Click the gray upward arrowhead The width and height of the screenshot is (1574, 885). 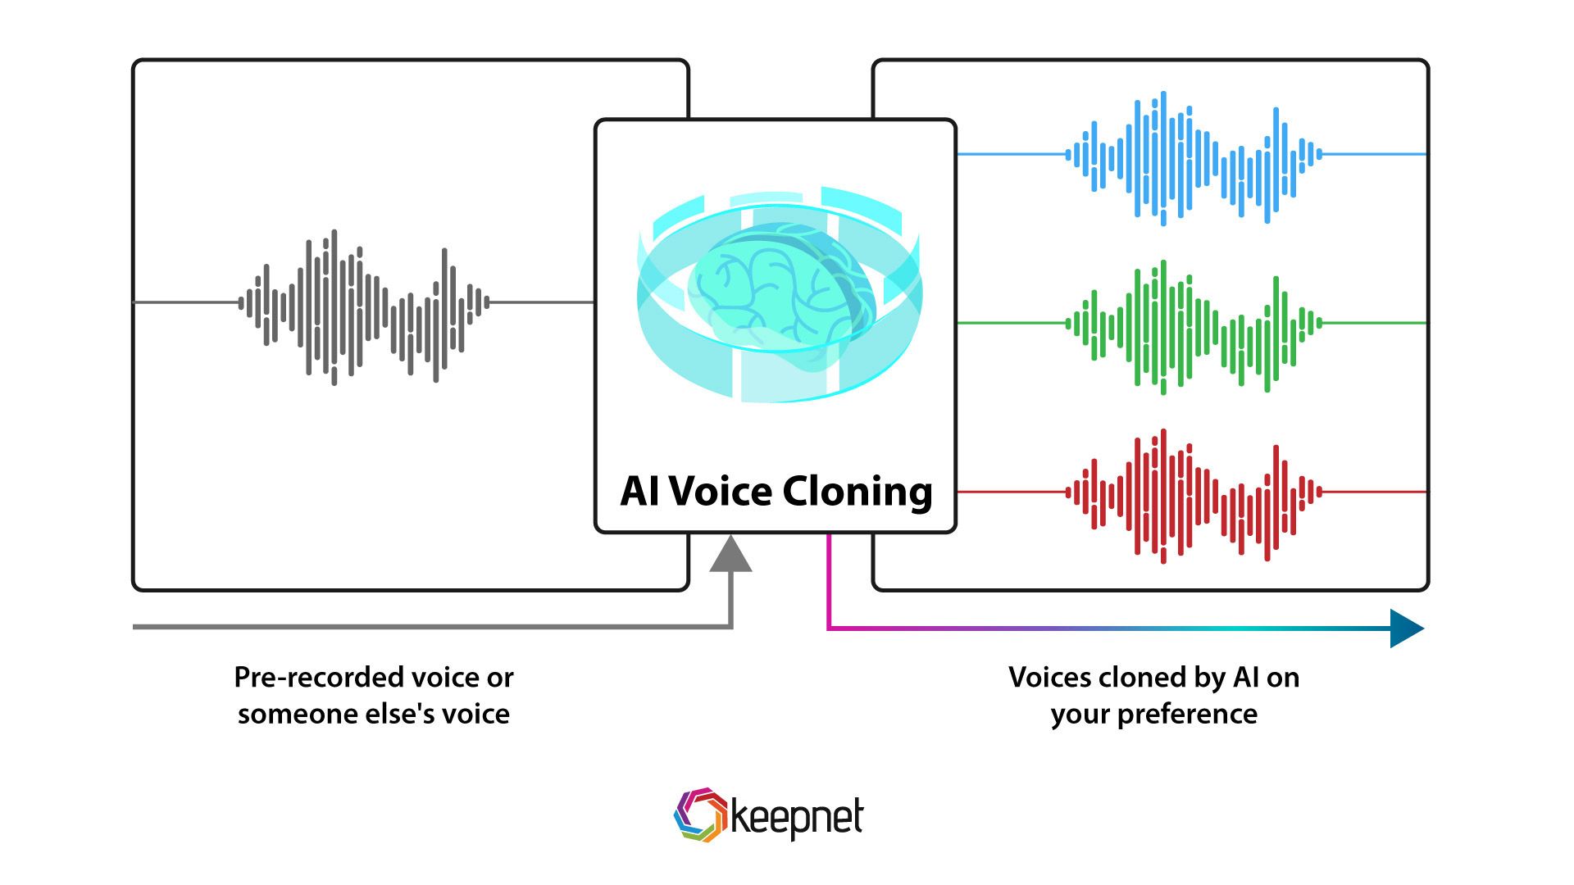pos(730,553)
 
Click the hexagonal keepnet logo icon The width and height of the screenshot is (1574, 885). pos(699,815)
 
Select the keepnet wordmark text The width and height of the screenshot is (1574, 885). pos(796,818)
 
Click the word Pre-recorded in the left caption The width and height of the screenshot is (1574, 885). pos(310,678)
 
